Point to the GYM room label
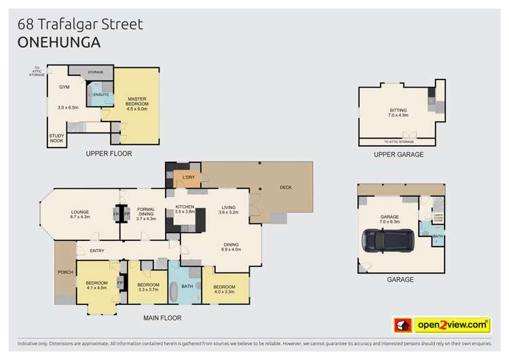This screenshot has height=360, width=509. [x=64, y=88]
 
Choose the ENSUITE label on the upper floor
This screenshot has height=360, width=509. [x=100, y=94]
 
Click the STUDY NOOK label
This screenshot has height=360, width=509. [x=56, y=139]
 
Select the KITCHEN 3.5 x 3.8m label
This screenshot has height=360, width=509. [x=185, y=209]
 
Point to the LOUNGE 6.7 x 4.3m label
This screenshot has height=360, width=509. [x=79, y=214]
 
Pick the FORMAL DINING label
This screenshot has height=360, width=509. [x=146, y=214]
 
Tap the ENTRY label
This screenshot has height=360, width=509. [x=87, y=250]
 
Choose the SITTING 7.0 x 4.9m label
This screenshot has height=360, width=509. [x=398, y=113]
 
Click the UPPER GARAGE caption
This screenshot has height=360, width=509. [x=398, y=154]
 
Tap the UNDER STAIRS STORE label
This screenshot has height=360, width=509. [x=438, y=217]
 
